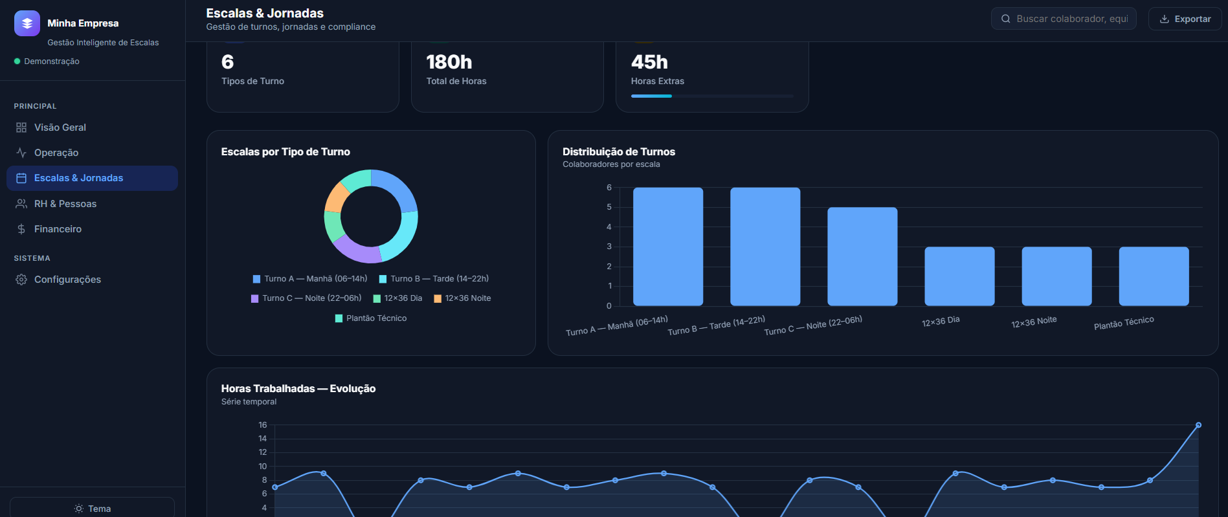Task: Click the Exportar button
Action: click(1185, 19)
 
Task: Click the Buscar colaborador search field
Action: click(1064, 19)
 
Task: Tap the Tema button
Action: click(92, 509)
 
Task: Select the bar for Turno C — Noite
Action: click(862, 256)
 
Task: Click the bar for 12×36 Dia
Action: click(959, 276)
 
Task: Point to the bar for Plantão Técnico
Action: click(1154, 276)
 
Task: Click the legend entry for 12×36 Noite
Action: click(462, 298)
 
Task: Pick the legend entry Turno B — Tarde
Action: click(434, 279)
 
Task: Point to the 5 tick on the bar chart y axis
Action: click(609, 207)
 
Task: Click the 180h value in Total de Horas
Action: click(449, 62)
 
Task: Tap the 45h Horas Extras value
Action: click(649, 62)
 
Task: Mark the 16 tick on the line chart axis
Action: click(263, 425)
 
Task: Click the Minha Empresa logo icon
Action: click(27, 23)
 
